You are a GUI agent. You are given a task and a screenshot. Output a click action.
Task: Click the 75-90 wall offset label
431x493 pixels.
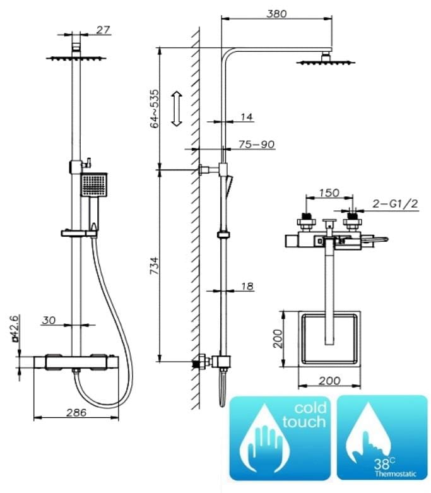pyautogui.click(x=256, y=145)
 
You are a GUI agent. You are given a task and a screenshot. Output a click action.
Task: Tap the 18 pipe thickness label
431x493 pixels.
pyautogui.click(x=247, y=287)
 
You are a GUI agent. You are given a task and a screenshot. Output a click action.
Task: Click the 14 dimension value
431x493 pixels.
pyautogui.click(x=246, y=117)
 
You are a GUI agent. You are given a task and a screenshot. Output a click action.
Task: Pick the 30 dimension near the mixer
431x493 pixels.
pyautogui.click(x=49, y=321)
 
